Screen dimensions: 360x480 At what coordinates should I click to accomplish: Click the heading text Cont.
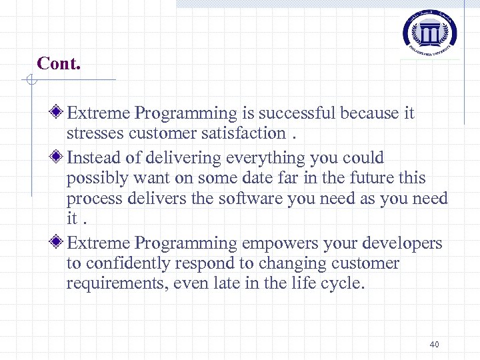click(59, 63)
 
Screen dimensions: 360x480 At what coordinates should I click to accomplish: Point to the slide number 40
click(434, 344)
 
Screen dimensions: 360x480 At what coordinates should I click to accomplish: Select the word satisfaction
click(242, 133)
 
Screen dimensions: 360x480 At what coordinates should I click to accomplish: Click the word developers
click(402, 243)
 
